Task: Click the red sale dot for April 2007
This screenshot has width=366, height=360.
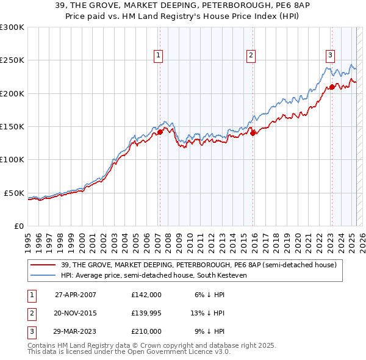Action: pyautogui.click(x=160, y=131)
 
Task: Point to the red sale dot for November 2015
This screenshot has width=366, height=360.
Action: pyautogui.click(x=253, y=133)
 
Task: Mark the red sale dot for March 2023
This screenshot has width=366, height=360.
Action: pyautogui.click(x=332, y=87)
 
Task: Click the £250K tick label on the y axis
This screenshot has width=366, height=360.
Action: pyautogui.click(x=12, y=60)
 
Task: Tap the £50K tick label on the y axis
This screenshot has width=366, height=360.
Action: pyautogui.click(x=15, y=193)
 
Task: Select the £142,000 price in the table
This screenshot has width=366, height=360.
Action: pyautogui.click(x=146, y=295)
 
